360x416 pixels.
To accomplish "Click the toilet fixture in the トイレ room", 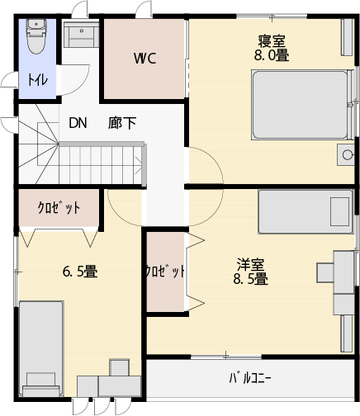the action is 36,36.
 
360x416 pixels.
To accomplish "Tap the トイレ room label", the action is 38,80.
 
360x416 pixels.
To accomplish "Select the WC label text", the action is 144,58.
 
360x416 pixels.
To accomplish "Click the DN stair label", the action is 78,123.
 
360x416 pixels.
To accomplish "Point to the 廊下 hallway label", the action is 122,123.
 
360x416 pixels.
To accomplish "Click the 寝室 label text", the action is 272,41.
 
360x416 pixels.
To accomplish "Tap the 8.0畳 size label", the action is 272,55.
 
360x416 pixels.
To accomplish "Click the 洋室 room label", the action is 250,264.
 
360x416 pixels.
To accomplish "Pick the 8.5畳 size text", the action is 250,278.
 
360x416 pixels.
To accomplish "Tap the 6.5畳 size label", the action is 80,272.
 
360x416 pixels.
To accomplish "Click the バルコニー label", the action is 250,378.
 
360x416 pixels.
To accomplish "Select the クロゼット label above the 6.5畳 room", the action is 59,208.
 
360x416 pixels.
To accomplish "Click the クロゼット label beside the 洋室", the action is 165,272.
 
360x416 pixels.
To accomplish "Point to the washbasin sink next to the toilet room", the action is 82,35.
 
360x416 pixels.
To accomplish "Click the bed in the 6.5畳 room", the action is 41,348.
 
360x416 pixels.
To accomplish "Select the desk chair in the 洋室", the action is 325,272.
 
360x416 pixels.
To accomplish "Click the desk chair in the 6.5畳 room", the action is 119,367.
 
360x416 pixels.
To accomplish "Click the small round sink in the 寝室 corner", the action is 346,154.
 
